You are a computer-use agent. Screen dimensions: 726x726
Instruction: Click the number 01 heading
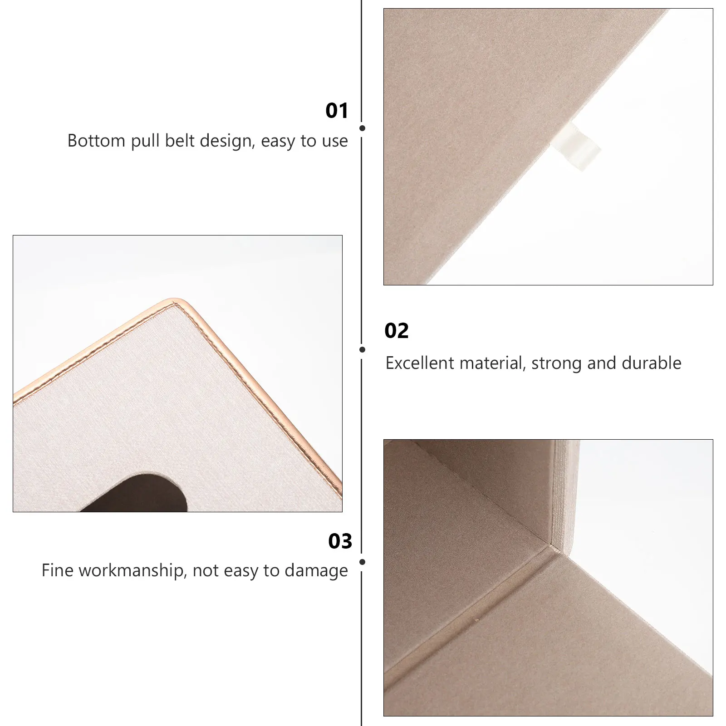pyautogui.click(x=337, y=111)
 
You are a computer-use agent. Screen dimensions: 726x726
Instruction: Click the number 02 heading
pyautogui.click(x=397, y=331)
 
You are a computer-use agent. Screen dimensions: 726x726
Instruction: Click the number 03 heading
pyautogui.click(x=340, y=541)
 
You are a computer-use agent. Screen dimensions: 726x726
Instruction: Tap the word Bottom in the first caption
pyautogui.click(x=96, y=141)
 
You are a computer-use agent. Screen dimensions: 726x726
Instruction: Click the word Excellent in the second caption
pyautogui.click(x=420, y=363)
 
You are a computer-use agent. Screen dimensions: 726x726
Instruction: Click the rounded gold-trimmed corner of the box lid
pyautogui.click(x=175, y=302)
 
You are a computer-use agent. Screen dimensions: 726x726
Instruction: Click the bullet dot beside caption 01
pyautogui.click(x=362, y=128)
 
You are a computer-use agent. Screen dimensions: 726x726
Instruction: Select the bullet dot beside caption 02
pyautogui.click(x=362, y=349)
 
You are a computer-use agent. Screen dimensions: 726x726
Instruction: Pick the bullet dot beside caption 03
pyautogui.click(x=362, y=562)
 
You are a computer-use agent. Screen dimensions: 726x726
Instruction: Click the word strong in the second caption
pyautogui.click(x=557, y=363)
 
